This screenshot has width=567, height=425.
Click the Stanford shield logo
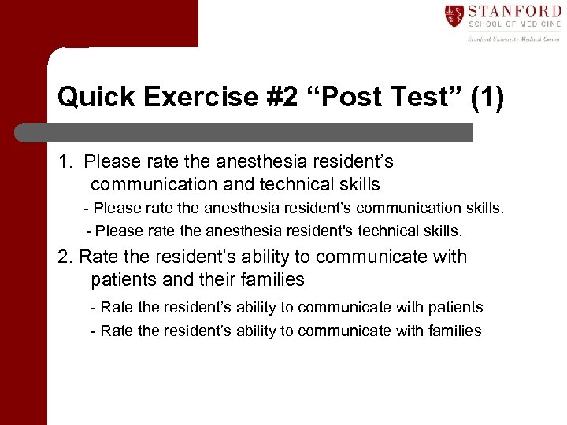tap(454, 16)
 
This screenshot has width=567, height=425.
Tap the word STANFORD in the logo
tap(515, 12)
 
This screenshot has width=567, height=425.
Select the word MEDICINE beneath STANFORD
tap(538, 25)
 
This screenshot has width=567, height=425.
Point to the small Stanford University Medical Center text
tap(514, 38)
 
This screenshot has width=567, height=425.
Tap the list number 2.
tap(65, 257)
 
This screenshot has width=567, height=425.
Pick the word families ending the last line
tap(449, 331)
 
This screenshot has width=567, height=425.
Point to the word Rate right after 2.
tap(98, 257)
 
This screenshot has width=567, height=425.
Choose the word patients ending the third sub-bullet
tap(451, 308)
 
